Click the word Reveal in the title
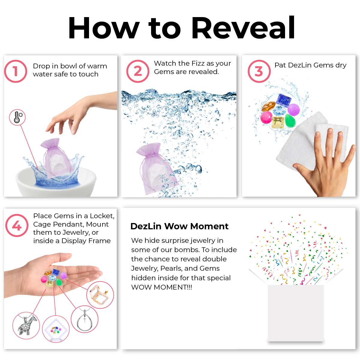point(243,28)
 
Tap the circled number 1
point(16,71)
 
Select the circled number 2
point(138,71)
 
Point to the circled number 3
point(259,71)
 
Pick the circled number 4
point(17,225)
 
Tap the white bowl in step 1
point(56,182)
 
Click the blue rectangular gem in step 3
point(284,100)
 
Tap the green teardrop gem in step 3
point(290,120)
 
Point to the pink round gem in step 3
point(266,117)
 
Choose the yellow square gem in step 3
point(278,122)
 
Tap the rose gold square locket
point(99,295)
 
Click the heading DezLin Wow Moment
point(179,226)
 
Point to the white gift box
point(296,313)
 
